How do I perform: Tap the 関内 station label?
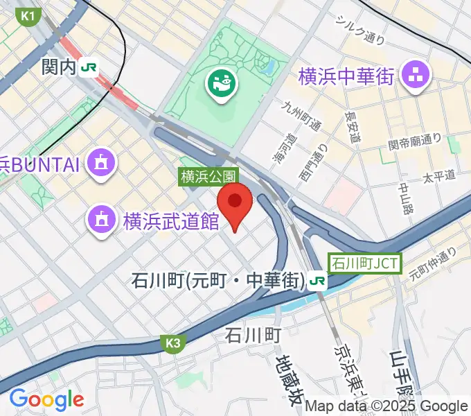tap(58, 67)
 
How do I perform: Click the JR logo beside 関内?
tap(89, 67)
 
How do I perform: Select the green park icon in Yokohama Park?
tap(222, 85)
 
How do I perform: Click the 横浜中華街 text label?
tap(346, 76)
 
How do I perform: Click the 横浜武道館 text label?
tap(171, 221)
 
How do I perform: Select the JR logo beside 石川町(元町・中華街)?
tap(318, 281)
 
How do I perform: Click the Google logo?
tap(46, 399)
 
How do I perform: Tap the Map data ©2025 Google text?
tap(386, 406)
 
